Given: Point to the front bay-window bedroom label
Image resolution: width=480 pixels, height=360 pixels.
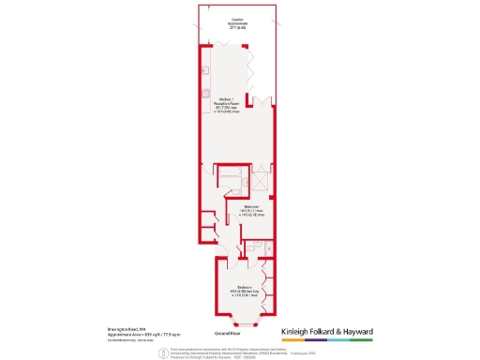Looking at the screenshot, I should coord(246,291).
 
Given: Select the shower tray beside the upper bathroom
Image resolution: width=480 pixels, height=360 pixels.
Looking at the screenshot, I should coord(261,181).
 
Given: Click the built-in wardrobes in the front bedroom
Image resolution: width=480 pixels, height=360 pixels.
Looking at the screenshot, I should coord(269,290).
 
